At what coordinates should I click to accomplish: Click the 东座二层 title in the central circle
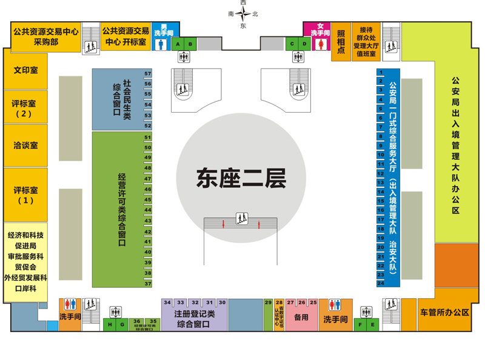pyautogui.click(x=241, y=178)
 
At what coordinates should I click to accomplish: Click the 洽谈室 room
pyautogui.click(x=25, y=145)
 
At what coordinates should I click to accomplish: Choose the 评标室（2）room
pyautogui.click(x=25, y=107)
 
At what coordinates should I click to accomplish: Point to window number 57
pyautogui.click(x=147, y=73)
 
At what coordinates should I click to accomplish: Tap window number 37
pyautogui.click(x=147, y=283)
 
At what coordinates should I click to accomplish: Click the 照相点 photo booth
pyautogui.click(x=341, y=42)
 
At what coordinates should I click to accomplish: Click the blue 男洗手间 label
pyautogui.click(x=161, y=30)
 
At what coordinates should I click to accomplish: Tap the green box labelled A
pyautogui.click(x=178, y=44)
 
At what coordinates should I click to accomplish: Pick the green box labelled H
pyautogui.click(x=110, y=325)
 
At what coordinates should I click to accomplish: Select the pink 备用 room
pyautogui.click(x=301, y=318)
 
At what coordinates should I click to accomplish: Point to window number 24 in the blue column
pyautogui.click(x=381, y=283)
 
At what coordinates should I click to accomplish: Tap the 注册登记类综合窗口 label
pyautogui.click(x=194, y=319)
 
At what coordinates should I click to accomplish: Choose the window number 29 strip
pyautogui.click(x=268, y=315)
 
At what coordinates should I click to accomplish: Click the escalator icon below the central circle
pyautogui.click(x=241, y=218)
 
